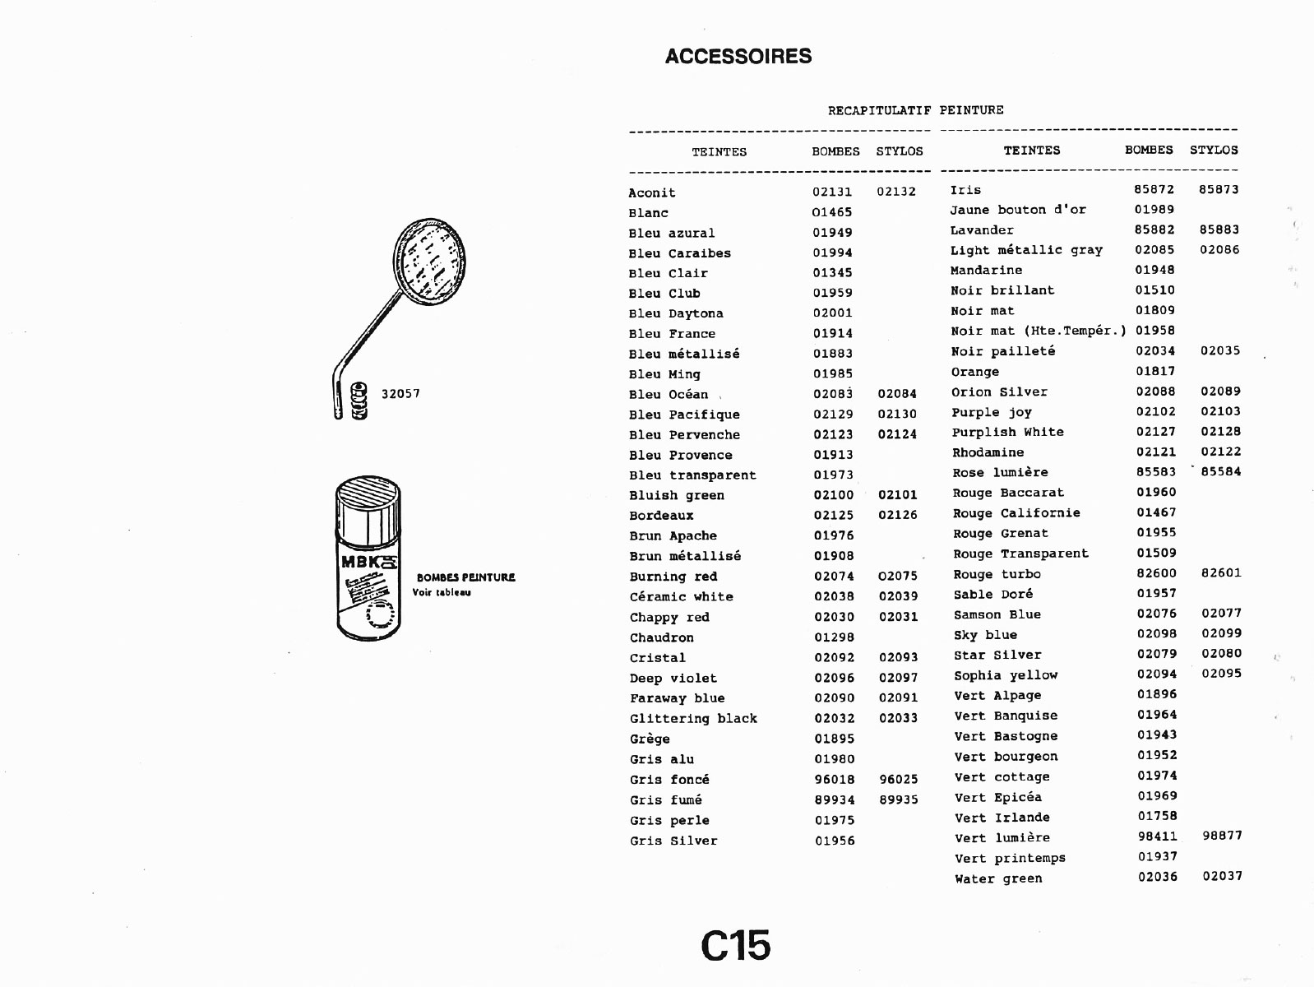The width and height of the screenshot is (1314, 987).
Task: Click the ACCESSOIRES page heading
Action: click(x=738, y=56)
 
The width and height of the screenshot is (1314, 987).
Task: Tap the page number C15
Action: click(x=736, y=947)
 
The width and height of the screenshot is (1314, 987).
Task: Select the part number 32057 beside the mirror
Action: click(x=400, y=394)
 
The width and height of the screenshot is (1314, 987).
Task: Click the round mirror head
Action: click(x=429, y=262)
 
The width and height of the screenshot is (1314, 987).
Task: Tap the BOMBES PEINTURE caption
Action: click(x=465, y=577)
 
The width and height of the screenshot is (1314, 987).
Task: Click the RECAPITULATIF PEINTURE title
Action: click(x=915, y=110)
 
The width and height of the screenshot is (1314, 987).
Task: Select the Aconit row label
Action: click(x=652, y=192)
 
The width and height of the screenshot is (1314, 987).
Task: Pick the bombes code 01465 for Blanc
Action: click(x=831, y=212)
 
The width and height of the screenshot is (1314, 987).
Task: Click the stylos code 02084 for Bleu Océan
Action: click(x=897, y=393)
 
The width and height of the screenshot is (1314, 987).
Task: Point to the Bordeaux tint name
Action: click(x=661, y=516)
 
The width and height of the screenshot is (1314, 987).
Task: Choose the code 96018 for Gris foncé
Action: click(x=835, y=779)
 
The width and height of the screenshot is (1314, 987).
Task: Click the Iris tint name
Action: click(x=965, y=190)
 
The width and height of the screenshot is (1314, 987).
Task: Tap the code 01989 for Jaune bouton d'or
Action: click(x=1154, y=210)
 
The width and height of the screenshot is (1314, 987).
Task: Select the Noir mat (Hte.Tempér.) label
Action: click(x=1039, y=331)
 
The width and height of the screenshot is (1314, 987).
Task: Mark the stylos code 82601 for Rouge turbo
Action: click(x=1221, y=572)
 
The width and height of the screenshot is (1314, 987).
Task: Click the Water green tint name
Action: click(x=998, y=878)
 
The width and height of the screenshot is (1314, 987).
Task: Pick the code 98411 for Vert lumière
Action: click(x=1158, y=836)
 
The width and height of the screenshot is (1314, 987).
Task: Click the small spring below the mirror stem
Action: click(x=359, y=401)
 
